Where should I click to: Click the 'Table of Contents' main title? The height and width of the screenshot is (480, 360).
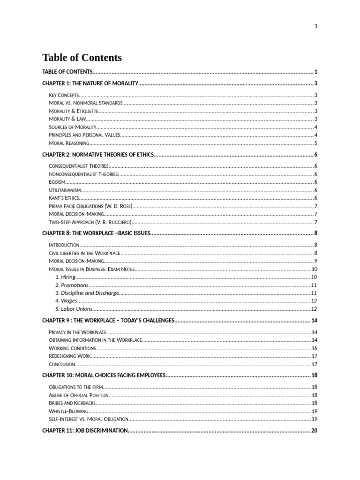[x=82, y=58]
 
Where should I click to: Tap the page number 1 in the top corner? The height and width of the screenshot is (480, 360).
[x=316, y=26]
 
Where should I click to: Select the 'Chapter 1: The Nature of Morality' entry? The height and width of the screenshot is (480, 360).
[x=90, y=83]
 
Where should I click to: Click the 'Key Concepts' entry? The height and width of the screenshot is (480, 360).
[x=64, y=95]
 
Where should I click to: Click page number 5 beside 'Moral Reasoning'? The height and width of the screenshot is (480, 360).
[x=316, y=143]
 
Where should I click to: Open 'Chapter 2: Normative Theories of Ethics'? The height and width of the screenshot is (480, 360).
[x=97, y=155]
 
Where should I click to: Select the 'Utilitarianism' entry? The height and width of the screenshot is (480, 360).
[x=65, y=190]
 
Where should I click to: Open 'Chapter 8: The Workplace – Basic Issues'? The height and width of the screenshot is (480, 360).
[x=96, y=233]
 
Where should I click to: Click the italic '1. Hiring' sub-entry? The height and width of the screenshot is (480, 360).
[x=65, y=277]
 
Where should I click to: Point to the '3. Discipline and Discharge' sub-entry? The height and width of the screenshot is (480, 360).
[x=87, y=293]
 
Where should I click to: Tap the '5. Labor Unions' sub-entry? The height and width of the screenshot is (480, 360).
[x=74, y=309]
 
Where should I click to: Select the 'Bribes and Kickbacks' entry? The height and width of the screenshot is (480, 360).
[x=72, y=403]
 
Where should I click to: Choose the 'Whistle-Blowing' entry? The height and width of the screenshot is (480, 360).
[x=68, y=411]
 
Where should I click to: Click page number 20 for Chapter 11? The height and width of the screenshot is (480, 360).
[x=314, y=430]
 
